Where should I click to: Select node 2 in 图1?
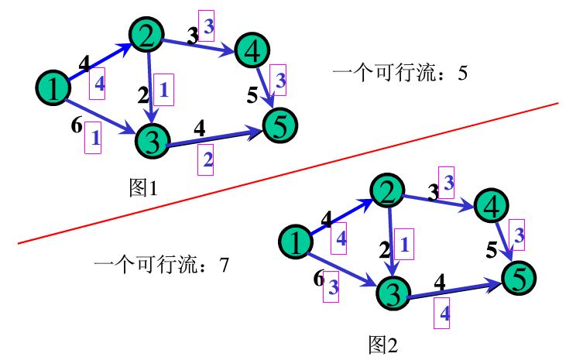pos(148,34)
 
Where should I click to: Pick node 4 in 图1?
pos(252,51)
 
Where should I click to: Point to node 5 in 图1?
pos(280,122)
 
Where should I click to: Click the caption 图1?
pos(144,187)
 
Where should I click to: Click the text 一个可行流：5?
pos(400,74)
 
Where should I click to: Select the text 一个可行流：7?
pos(161,266)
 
